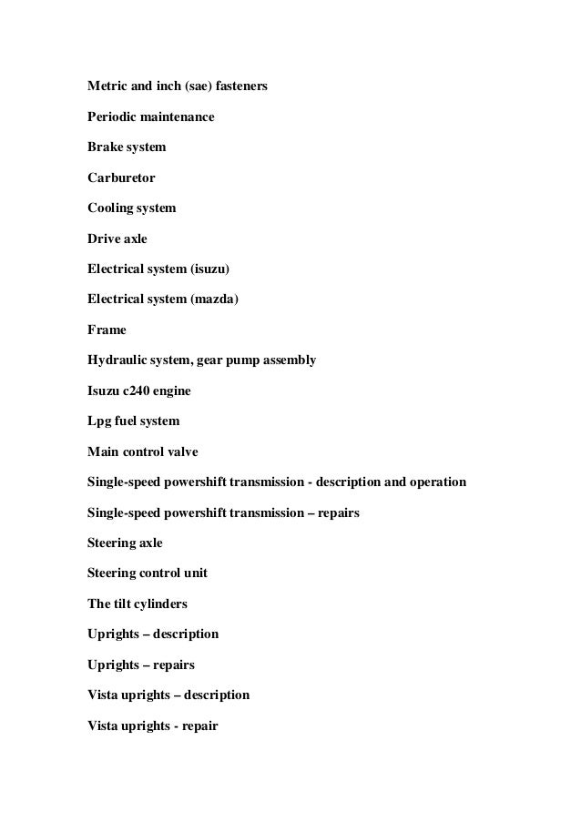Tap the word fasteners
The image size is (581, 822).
coord(240,87)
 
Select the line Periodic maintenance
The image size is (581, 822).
coord(150,117)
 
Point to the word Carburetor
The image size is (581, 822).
coord(121,178)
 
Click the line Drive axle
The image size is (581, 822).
coord(117,238)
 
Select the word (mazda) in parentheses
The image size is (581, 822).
coord(214,299)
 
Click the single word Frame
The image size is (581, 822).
coord(107,330)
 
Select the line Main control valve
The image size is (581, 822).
coord(142,452)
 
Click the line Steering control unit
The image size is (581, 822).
coord(148,573)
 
